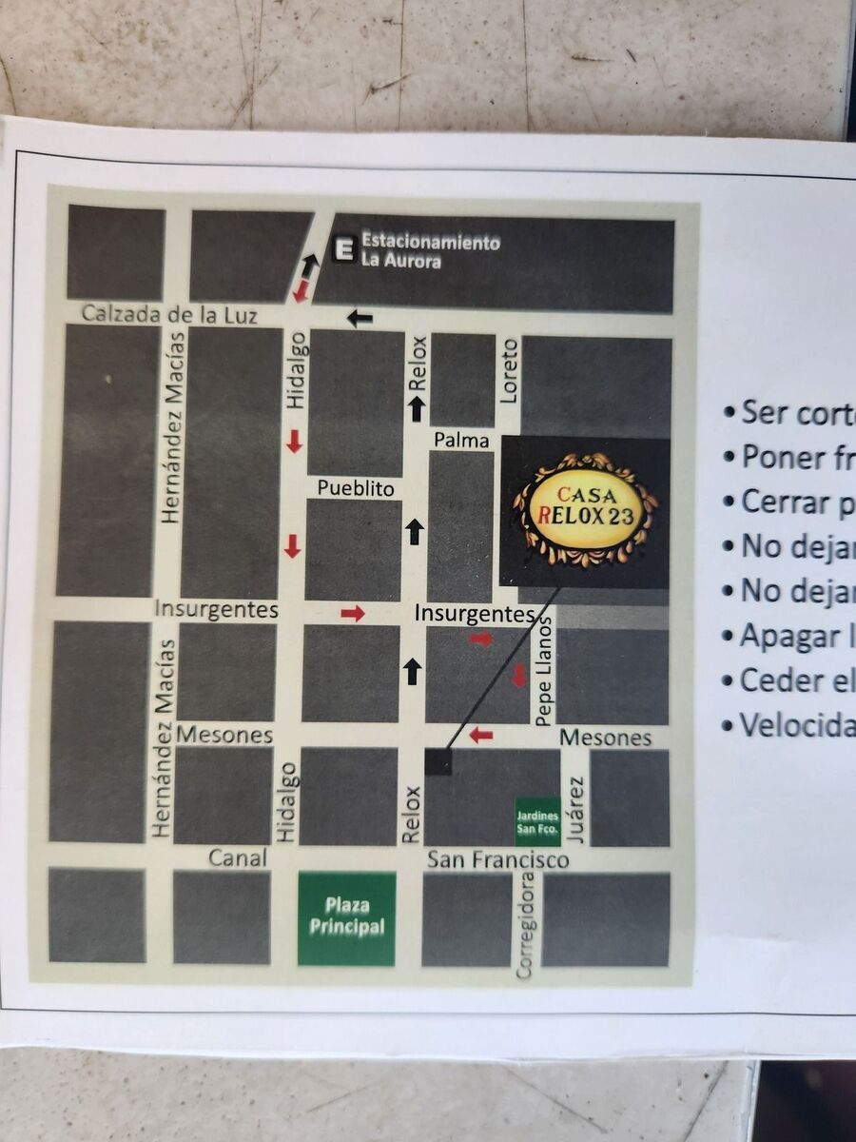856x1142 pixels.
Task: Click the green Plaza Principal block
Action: [346, 918]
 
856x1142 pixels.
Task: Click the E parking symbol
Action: [343, 249]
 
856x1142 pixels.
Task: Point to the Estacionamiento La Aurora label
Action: [430, 250]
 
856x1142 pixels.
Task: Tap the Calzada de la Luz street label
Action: [168, 313]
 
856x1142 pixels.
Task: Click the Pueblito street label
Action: [356, 488]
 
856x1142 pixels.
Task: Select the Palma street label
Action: [461, 440]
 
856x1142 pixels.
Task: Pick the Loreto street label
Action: [510, 369]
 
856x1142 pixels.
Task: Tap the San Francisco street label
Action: [497, 859]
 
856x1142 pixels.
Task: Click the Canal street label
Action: [237, 858]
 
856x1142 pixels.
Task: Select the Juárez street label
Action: [575, 809]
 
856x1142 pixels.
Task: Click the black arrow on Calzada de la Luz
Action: [360, 318]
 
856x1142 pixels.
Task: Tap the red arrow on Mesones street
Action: [481, 735]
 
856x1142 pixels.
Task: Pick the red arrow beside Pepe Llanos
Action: [519, 676]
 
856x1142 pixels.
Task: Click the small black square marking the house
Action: [438, 761]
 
